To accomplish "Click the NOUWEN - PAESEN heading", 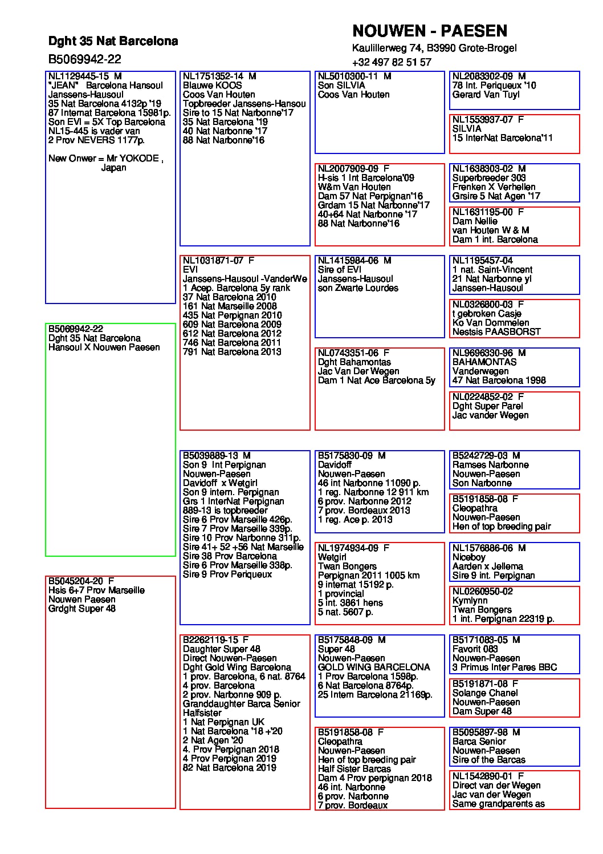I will (429, 31).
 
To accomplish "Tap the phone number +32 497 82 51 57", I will (392, 62).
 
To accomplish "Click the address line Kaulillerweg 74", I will (434, 48).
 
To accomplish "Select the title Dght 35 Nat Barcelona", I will (113, 41).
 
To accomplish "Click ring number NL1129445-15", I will (79, 76).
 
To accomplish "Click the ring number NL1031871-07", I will (213, 261).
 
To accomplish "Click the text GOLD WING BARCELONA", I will (374, 667).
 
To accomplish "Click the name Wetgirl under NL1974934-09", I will (332, 557).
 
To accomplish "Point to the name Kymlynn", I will (470, 601).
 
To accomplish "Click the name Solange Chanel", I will (485, 693).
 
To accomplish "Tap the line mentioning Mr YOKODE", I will (105, 159).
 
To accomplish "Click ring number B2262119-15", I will (209, 640).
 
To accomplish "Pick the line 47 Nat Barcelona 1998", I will (499, 381).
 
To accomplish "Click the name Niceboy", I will (468, 557).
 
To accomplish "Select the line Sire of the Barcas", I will (488, 760).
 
